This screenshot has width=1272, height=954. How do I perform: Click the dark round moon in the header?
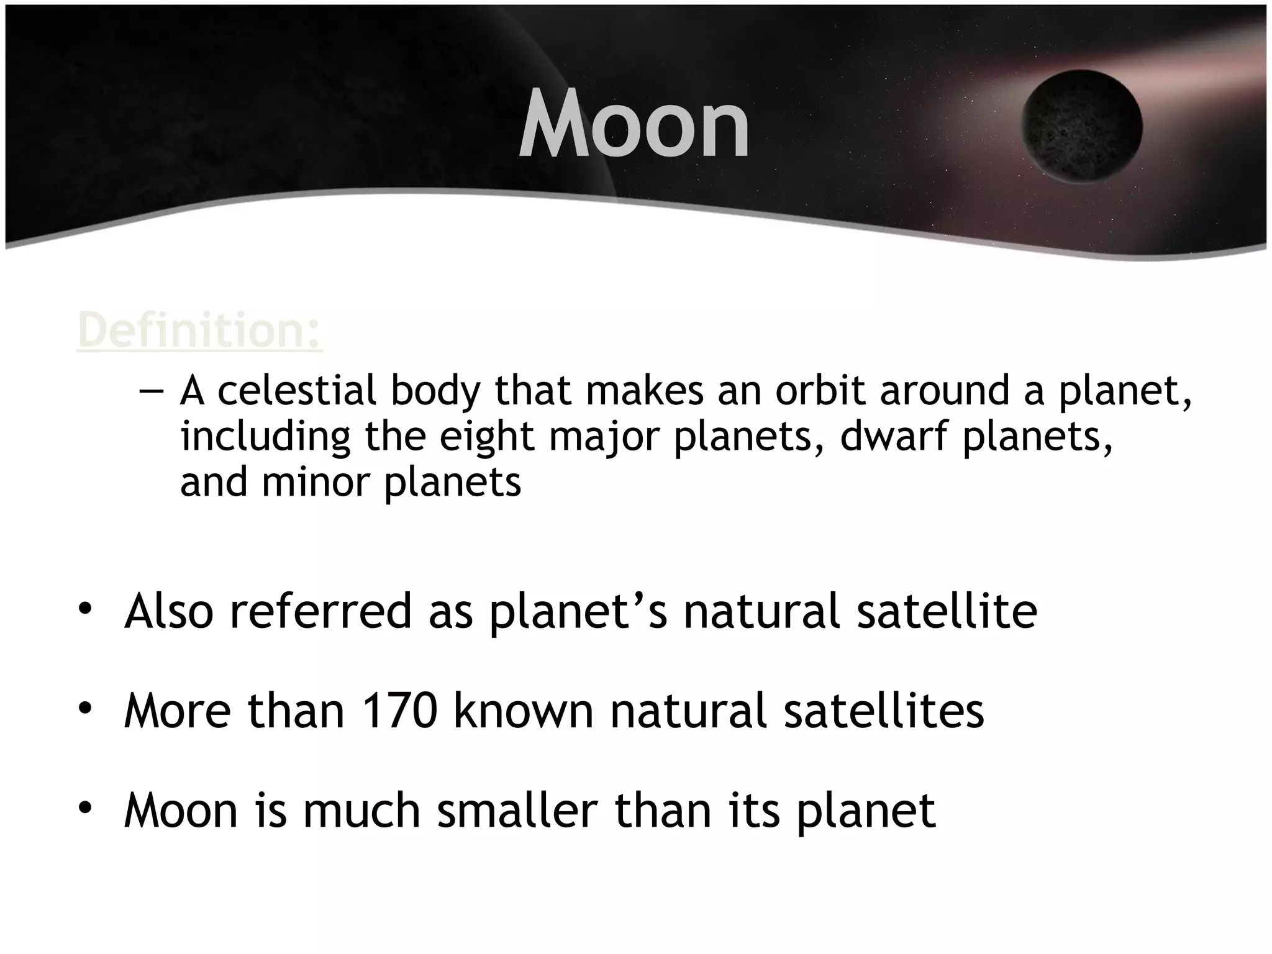pyautogui.click(x=1081, y=126)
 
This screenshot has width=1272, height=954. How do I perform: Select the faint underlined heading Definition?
pyautogui.click(x=199, y=330)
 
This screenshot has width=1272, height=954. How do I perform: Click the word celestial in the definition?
pyautogui.click(x=297, y=391)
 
